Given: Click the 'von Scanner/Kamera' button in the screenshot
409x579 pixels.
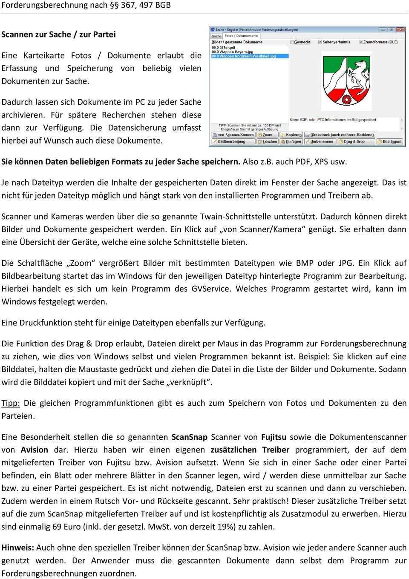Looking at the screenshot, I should pyautogui.click(x=233, y=135).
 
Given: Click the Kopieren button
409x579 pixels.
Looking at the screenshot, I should pyautogui.click(x=291, y=135).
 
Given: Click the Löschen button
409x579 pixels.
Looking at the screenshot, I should pyautogui.click(x=268, y=141).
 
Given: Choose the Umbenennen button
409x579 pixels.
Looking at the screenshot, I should pyautogui.click(x=319, y=141).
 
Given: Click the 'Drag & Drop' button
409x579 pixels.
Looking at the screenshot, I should pyautogui.click(x=351, y=141).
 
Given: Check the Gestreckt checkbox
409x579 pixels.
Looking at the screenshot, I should pyautogui.click(x=292, y=42).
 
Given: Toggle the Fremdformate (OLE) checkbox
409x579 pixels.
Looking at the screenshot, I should pyautogui.click(x=360, y=42).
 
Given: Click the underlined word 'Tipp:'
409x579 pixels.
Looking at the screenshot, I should pyautogui.click(x=11, y=403).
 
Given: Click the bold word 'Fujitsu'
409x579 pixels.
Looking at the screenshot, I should pyautogui.click(x=274, y=437).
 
